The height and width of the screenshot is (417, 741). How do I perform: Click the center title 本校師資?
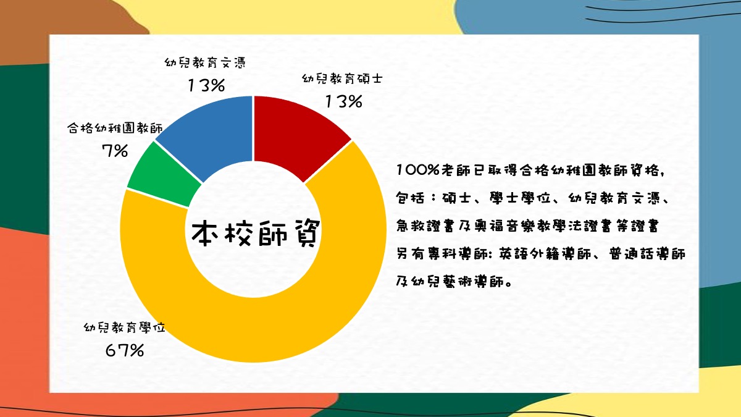click(x=256, y=234)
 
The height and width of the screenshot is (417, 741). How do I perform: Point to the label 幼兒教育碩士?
click(x=342, y=79)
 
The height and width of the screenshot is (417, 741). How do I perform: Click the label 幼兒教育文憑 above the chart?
click(x=205, y=62)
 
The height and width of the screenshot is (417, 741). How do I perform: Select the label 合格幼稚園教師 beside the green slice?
click(x=115, y=128)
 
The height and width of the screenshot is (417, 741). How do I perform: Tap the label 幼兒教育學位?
click(x=124, y=327)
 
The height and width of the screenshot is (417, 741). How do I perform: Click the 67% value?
click(x=125, y=350)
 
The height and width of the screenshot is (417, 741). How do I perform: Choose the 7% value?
click(x=115, y=151)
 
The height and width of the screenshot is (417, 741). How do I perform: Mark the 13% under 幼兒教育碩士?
click(x=344, y=101)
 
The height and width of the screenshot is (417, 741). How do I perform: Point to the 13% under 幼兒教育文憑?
click(x=206, y=85)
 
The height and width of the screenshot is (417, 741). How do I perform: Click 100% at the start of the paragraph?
click(x=418, y=170)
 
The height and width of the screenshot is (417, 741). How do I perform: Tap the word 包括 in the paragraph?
click(x=410, y=198)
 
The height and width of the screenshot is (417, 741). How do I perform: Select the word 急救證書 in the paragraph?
click(x=424, y=226)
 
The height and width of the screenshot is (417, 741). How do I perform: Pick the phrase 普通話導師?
click(x=647, y=254)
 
